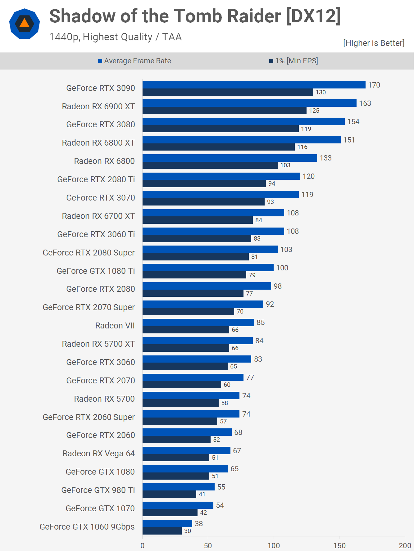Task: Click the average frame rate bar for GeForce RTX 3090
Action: tap(254, 85)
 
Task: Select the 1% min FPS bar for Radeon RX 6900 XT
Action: tap(224, 111)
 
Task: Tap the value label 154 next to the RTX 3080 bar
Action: tap(353, 122)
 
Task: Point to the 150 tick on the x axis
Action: tap(339, 545)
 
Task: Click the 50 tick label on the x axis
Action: tap(208, 545)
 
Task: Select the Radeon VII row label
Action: tap(115, 326)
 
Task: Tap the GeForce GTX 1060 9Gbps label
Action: tap(87, 527)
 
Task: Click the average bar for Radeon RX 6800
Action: tap(230, 158)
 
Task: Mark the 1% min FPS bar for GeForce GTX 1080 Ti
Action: tap(194, 275)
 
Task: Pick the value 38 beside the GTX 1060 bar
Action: tap(199, 524)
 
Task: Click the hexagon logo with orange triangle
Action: tap(25, 24)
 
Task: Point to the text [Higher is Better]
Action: tap(374, 43)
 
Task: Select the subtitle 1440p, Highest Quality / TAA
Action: tap(115, 37)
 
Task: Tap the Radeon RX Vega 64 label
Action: tap(98, 454)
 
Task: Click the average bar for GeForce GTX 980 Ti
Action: tap(178, 487)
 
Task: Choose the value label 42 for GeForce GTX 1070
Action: tap(203, 513)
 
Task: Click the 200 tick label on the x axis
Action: tap(405, 545)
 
